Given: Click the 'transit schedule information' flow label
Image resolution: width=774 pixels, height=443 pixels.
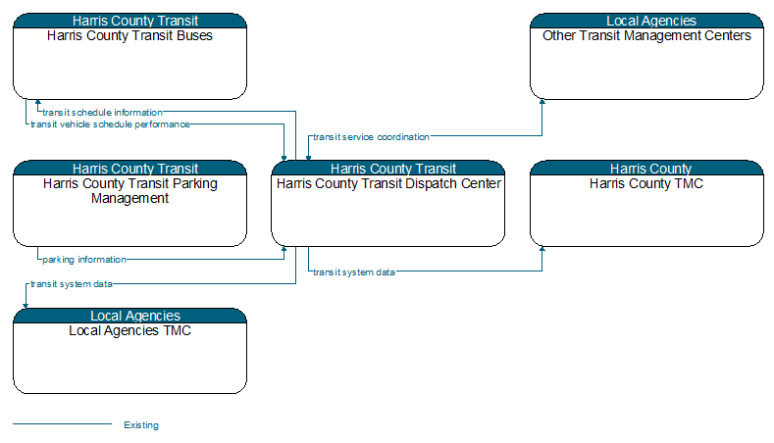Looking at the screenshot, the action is click(102, 113).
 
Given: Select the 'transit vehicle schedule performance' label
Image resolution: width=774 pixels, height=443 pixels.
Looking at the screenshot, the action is click(110, 124).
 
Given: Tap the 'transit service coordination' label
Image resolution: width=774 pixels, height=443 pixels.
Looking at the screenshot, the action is click(371, 137).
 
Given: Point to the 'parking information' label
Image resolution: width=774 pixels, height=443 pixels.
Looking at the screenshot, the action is click(84, 260).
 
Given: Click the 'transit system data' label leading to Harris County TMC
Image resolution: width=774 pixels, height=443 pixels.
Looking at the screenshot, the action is click(354, 272).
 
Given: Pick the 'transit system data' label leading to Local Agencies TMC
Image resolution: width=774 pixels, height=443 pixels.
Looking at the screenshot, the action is click(72, 284).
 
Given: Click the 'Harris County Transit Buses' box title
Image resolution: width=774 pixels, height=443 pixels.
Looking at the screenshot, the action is click(129, 35).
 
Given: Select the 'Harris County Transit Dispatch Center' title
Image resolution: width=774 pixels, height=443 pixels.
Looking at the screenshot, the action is click(388, 183).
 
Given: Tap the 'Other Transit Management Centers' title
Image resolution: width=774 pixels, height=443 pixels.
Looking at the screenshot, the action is click(646, 35).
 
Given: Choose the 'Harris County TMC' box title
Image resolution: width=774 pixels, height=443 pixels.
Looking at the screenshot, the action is click(646, 183).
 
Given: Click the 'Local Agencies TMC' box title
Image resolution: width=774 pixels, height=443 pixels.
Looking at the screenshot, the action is click(129, 330).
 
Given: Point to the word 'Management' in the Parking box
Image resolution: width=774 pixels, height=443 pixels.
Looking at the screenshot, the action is click(129, 198).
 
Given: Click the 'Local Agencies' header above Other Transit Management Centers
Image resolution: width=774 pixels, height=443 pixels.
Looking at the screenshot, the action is click(651, 21).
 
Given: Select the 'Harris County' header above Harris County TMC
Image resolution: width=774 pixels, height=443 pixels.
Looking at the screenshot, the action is click(650, 169).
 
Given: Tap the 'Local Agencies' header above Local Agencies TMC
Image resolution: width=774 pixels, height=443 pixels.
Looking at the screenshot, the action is click(135, 316).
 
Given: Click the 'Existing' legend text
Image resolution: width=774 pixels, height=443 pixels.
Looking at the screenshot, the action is click(141, 425).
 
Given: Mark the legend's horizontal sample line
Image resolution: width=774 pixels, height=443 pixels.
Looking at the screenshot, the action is click(62, 423).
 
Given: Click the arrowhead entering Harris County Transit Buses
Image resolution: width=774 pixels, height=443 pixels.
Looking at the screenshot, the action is click(38, 102).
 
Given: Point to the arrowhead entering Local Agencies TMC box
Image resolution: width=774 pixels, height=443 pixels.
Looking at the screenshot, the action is click(26, 306).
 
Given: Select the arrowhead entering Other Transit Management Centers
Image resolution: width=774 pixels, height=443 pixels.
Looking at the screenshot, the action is click(542, 102).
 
